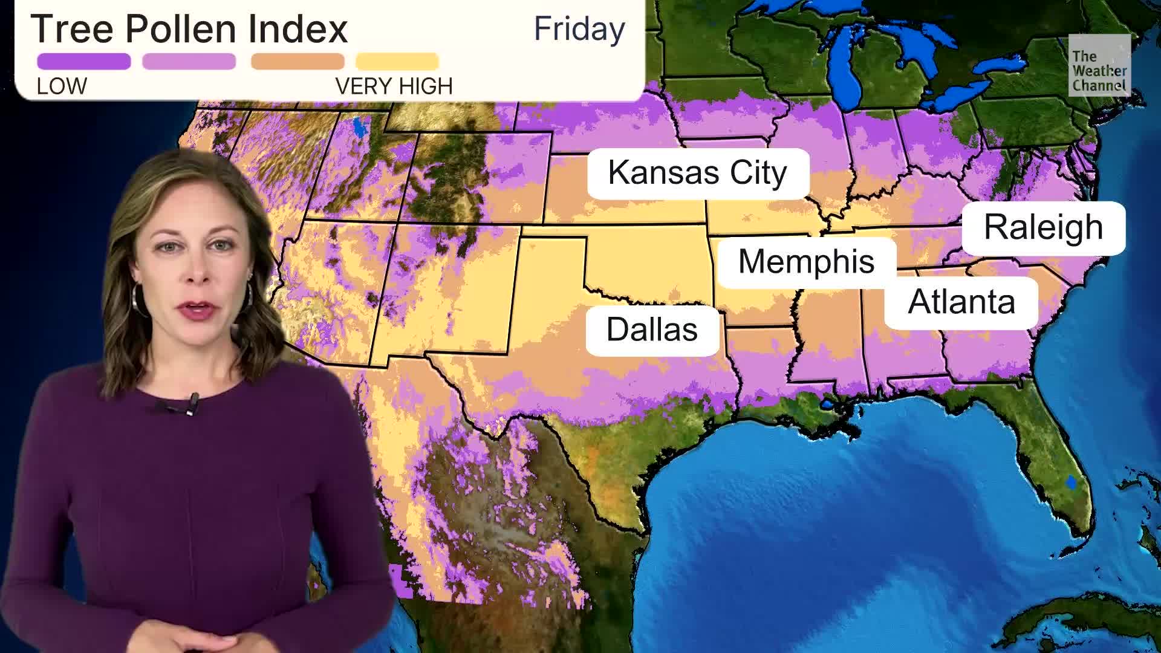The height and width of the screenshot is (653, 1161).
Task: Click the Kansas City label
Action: (x=697, y=173)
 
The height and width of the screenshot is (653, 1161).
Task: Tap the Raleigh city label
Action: (x=1043, y=227)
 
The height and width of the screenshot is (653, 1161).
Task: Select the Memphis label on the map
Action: (x=806, y=262)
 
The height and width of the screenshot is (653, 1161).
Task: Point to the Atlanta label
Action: (x=961, y=302)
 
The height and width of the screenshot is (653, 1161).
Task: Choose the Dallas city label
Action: (x=652, y=330)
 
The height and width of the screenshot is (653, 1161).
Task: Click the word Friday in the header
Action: (x=579, y=29)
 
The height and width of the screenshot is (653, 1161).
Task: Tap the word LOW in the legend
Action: (x=62, y=86)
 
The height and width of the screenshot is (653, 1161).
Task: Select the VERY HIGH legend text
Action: (x=394, y=86)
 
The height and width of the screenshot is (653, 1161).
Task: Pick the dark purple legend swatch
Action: (x=83, y=61)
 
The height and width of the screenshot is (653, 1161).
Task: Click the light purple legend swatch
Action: (x=189, y=61)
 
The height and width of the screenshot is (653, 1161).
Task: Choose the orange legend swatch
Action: (x=298, y=61)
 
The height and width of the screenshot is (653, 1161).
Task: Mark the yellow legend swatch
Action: (x=397, y=61)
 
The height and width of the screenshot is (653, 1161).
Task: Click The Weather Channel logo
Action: (x=1099, y=65)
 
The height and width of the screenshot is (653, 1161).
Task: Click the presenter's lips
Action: (x=199, y=310)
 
